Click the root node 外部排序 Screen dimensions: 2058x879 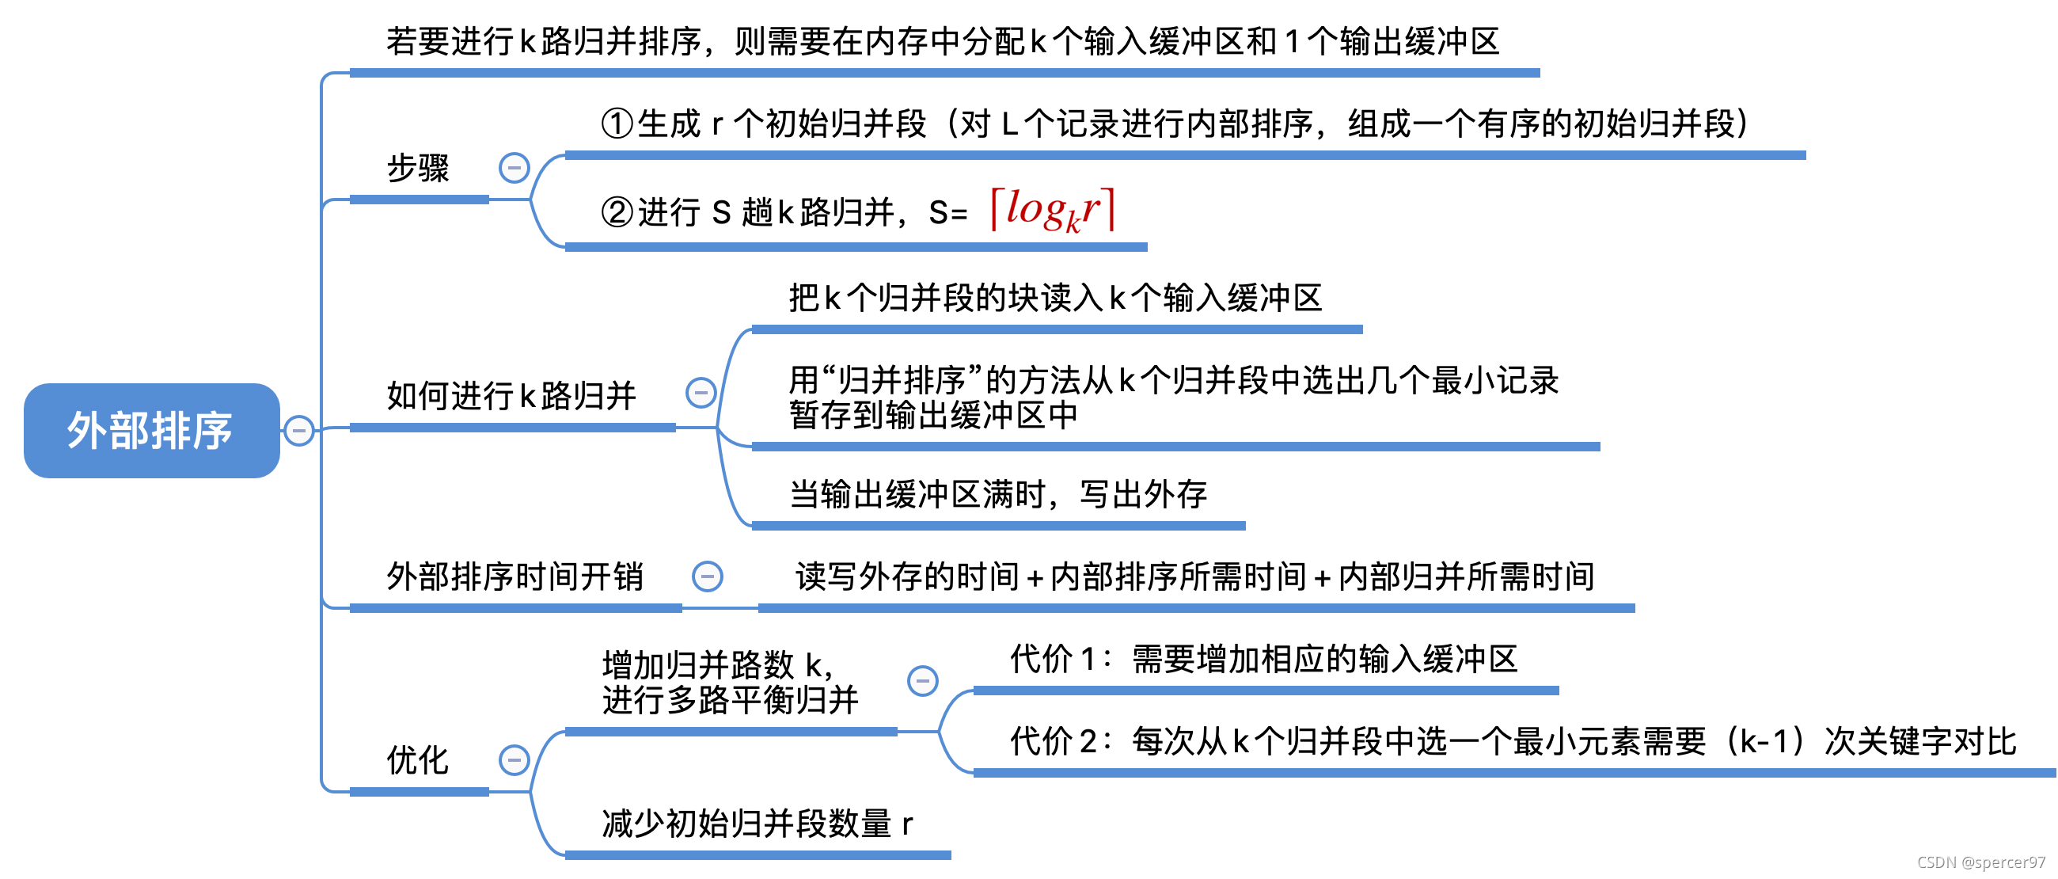point(151,431)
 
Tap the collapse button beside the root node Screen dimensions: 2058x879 point(298,431)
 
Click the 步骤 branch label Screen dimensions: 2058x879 point(418,169)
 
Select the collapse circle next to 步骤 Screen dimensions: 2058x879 point(514,168)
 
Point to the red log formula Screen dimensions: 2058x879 point(1052,210)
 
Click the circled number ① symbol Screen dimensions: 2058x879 point(617,124)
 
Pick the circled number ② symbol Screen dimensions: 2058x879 point(617,212)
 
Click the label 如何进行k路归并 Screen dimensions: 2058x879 point(511,396)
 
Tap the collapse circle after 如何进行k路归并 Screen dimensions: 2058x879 point(701,392)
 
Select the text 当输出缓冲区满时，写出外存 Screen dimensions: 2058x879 point(998,495)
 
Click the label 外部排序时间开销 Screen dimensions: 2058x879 point(514,577)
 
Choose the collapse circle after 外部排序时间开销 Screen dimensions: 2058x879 point(707,576)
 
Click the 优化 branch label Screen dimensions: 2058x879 point(418,760)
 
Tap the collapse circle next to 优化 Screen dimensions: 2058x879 point(514,760)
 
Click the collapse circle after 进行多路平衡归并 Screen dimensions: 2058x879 point(923,681)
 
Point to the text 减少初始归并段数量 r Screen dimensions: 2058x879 point(757,824)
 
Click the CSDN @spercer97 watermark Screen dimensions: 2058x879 point(1980,862)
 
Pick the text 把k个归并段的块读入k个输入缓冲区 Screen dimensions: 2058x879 point(1055,298)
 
